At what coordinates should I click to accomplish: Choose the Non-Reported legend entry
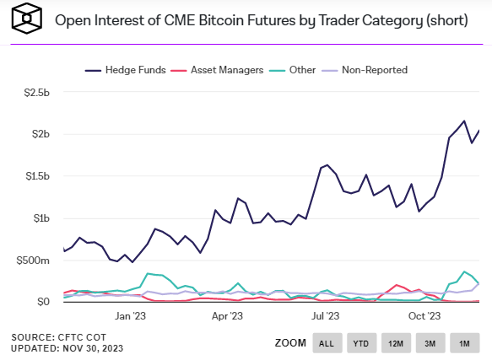coord(374,70)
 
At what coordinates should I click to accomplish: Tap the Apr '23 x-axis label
coord(229,316)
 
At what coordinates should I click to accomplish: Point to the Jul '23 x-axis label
coord(325,316)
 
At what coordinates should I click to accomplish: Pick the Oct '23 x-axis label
coord(424,316)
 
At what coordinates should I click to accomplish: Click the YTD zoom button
coord(361,343)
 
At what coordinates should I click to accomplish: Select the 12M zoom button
coord(396,343)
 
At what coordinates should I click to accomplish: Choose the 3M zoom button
coord(430,343)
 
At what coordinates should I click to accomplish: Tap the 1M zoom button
coord(464,343)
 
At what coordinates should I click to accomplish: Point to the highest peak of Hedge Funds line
coord(464,121)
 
